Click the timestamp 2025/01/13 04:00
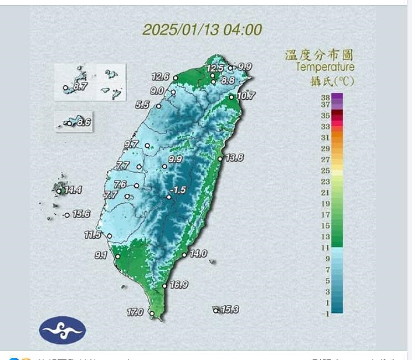click(202, 29)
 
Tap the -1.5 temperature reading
click(178, 190)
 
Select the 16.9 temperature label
click(179, 285)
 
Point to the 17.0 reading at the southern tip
click(135, 312)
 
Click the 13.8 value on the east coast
click(234, 157)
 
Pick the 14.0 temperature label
click(198, 253)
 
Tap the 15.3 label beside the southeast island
click(229, 310)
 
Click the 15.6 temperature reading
click(81, 214)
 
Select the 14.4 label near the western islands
click(73, 191)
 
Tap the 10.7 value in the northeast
click(245, 96)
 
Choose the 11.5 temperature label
click(92, 235)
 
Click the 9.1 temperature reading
click(101, 255)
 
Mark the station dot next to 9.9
click(164, 166)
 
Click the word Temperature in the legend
click(325, 68)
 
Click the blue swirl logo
click(63, 330)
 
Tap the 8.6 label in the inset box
click(84, 122)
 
